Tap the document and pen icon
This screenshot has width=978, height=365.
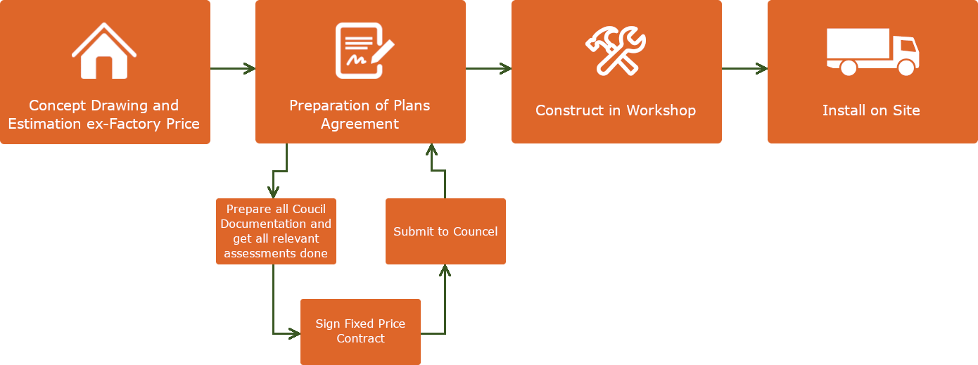click(x=363, y=51)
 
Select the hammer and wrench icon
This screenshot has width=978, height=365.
click(x=616, y=51)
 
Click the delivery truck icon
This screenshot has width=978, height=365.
click(x=872, y=52)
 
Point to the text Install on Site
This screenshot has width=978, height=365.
click(x=871, y=110)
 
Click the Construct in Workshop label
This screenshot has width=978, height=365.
click(x=616, y=110)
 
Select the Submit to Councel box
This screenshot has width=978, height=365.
click(x=445, y=231)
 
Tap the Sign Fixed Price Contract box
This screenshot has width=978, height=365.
click(x=360, y=331)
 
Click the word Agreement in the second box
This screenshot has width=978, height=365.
click(x=360, y=124)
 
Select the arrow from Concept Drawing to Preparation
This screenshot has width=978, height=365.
click(x=233, y=68)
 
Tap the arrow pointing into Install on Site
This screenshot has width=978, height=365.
click(x=745, y=68)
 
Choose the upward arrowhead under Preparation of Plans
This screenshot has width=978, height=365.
click(x=432, y=149)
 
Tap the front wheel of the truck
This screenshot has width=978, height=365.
click(x=906, y=68)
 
